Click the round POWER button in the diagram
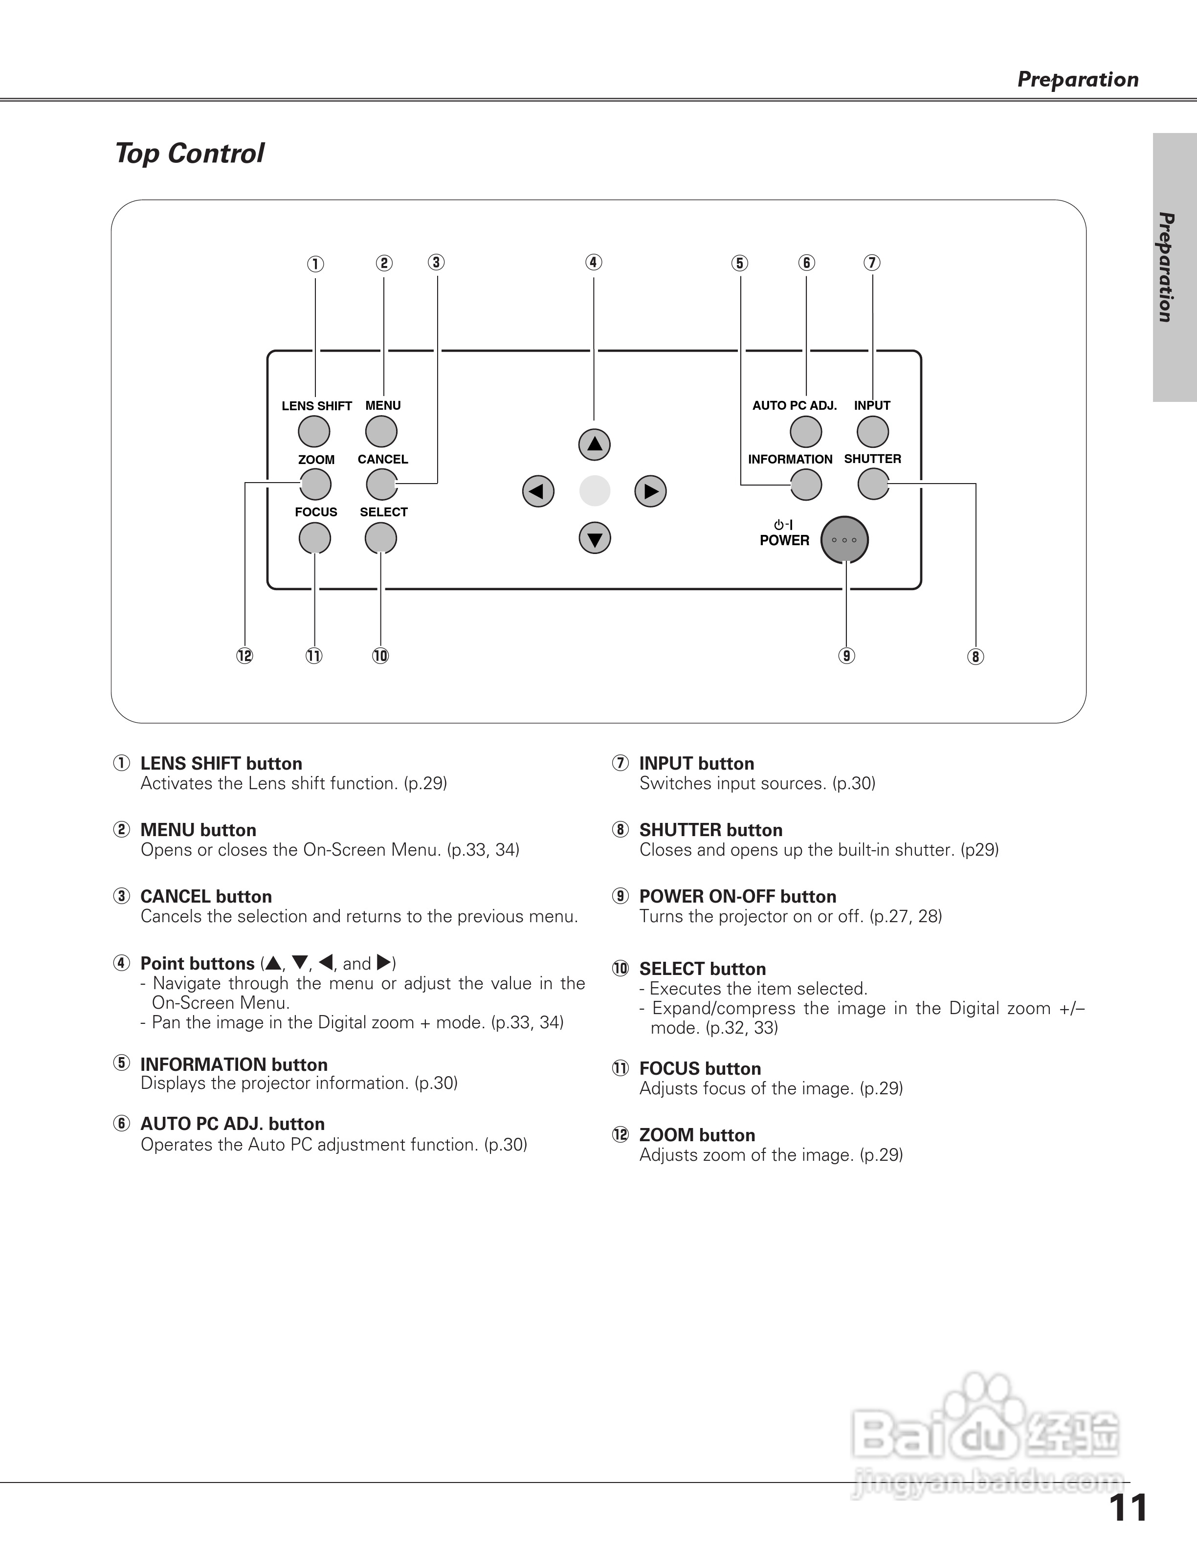844,540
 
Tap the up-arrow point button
594,444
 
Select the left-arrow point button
538,491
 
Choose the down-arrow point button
594,538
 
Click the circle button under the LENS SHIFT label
314,431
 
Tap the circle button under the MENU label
381,431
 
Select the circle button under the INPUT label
872,431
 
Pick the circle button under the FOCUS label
315,538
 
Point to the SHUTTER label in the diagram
872,459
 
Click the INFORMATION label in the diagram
790,460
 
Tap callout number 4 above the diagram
594,263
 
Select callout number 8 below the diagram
976,657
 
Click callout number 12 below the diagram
244,656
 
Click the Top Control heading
189,153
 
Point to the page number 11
1128,1508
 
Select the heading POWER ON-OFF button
737,896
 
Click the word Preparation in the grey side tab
1165,267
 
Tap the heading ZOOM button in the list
697,1135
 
